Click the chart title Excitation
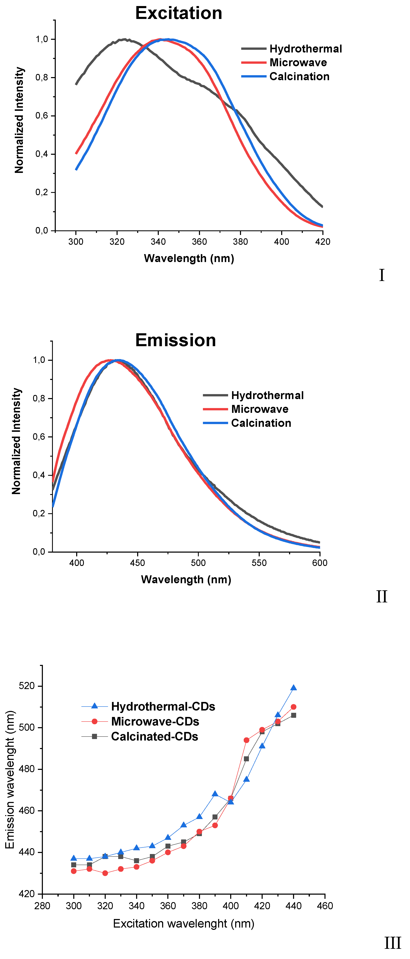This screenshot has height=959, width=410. click(x=179, y=13)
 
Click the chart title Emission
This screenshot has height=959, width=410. click(x=176, y=340)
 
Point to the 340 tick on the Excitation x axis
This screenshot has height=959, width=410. click(x=158, y=242)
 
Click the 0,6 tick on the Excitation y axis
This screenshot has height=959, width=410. click(x=42, y=116)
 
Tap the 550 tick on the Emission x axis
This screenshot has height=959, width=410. click(x=259, y=563)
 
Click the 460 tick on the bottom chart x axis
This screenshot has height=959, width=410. click(x=325, y=906)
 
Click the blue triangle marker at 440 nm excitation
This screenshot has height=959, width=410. click(x=293, y=688)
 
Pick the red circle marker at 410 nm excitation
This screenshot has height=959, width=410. click(x=246, y=740)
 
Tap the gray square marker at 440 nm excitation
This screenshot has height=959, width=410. click(x=293, y=715)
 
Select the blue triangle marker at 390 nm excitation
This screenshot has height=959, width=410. click(x=215, y=794)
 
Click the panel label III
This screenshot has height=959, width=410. click(x=393, y=943)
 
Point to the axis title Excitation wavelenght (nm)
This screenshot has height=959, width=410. click(x=184, y=924)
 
